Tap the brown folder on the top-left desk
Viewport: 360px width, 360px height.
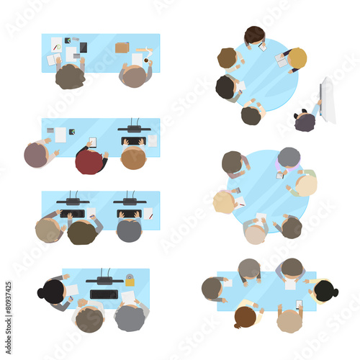coord(122,48)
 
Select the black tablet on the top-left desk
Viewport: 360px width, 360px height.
coord(84,48)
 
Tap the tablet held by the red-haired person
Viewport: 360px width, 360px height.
coord(92,143)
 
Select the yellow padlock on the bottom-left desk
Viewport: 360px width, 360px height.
coord(130,280)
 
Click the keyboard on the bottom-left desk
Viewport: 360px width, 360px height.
coord(104,294)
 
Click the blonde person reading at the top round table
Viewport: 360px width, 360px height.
coord(297,58)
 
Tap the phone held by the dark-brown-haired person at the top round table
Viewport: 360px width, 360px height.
coord(262,47)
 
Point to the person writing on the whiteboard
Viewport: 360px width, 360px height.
coord(305,121)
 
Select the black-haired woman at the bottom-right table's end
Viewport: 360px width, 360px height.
coord(325,291)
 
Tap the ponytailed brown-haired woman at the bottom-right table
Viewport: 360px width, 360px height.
coord(246,316)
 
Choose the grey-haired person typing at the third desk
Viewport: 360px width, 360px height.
coord(130,231)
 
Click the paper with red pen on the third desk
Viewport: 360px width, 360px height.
coord(148,213)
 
